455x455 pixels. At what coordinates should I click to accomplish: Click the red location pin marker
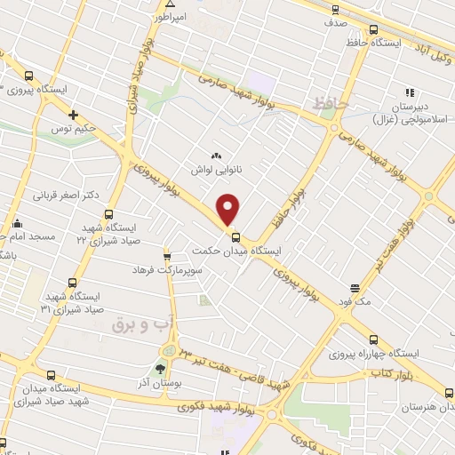point(229,209)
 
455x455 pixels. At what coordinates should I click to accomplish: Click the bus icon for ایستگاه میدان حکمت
point(235,237)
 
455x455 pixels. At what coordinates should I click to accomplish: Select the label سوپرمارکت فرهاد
point(168,268)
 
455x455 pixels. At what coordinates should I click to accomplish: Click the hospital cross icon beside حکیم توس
point(74,116)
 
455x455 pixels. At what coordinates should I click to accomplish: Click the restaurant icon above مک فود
point(354,288)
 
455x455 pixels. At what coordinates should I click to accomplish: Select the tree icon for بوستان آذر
point(161,368)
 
